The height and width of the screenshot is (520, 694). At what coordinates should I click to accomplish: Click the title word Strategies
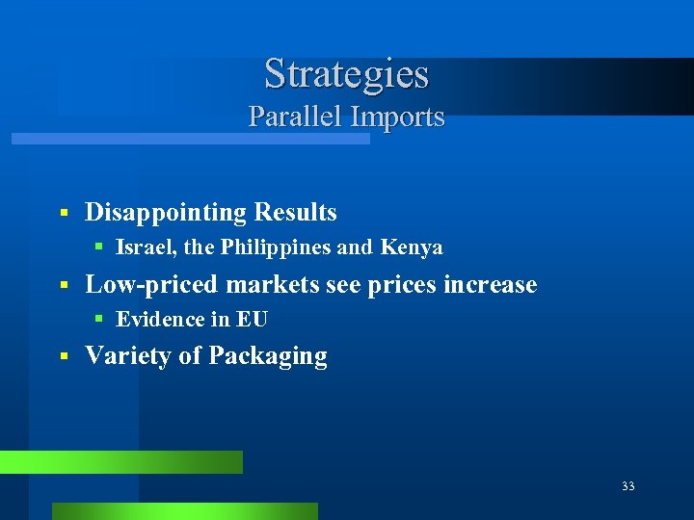346,74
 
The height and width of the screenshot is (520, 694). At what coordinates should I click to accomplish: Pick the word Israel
146,247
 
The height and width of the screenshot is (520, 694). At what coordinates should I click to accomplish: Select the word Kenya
412,247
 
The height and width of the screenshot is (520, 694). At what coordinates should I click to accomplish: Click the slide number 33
628,486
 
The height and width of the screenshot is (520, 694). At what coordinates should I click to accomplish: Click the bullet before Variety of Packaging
62,356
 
